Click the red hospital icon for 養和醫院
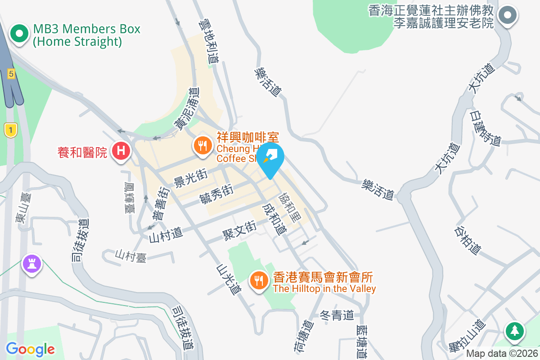121,150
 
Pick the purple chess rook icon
31,262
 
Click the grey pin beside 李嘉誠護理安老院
508,15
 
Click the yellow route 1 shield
11,130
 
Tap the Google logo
30,349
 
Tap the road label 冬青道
337,316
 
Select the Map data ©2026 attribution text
502,353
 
